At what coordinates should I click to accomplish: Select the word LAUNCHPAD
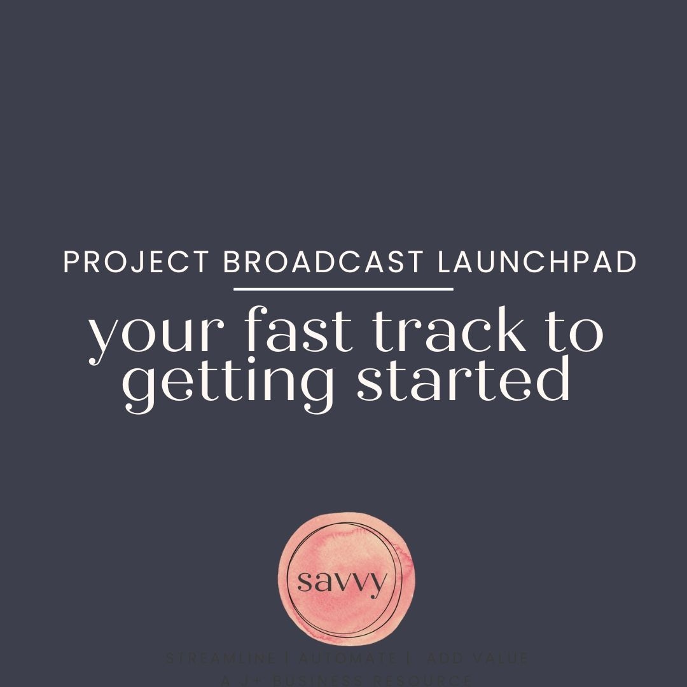tap(538, 263)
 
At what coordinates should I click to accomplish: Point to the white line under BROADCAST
tap(343, 289)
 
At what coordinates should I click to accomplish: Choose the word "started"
tap(462, 380)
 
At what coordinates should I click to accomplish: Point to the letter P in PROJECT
tap(71, 263)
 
